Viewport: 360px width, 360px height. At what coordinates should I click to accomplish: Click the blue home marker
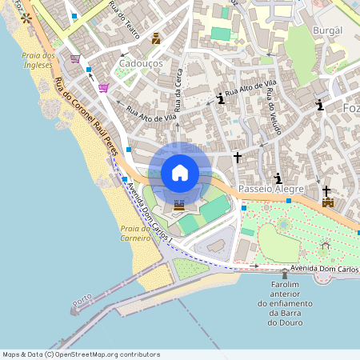coord(179,172)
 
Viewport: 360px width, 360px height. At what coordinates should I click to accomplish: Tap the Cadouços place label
coord(140,62)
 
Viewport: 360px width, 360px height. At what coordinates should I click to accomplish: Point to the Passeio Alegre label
coord(272,189)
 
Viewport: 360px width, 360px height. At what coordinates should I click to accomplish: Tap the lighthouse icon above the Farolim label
coord(284,274)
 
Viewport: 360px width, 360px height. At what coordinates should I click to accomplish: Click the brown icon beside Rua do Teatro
coord(155,38)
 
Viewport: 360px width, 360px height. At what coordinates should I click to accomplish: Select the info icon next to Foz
coord(320,104)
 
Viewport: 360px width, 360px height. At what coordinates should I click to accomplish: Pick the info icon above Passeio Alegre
coord(278,178)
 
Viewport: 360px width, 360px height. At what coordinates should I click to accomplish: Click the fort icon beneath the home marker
coord(179,206)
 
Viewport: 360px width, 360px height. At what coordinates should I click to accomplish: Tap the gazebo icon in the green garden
coord(325,243)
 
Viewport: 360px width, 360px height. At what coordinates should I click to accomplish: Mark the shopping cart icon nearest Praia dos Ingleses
coord(75,58)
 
